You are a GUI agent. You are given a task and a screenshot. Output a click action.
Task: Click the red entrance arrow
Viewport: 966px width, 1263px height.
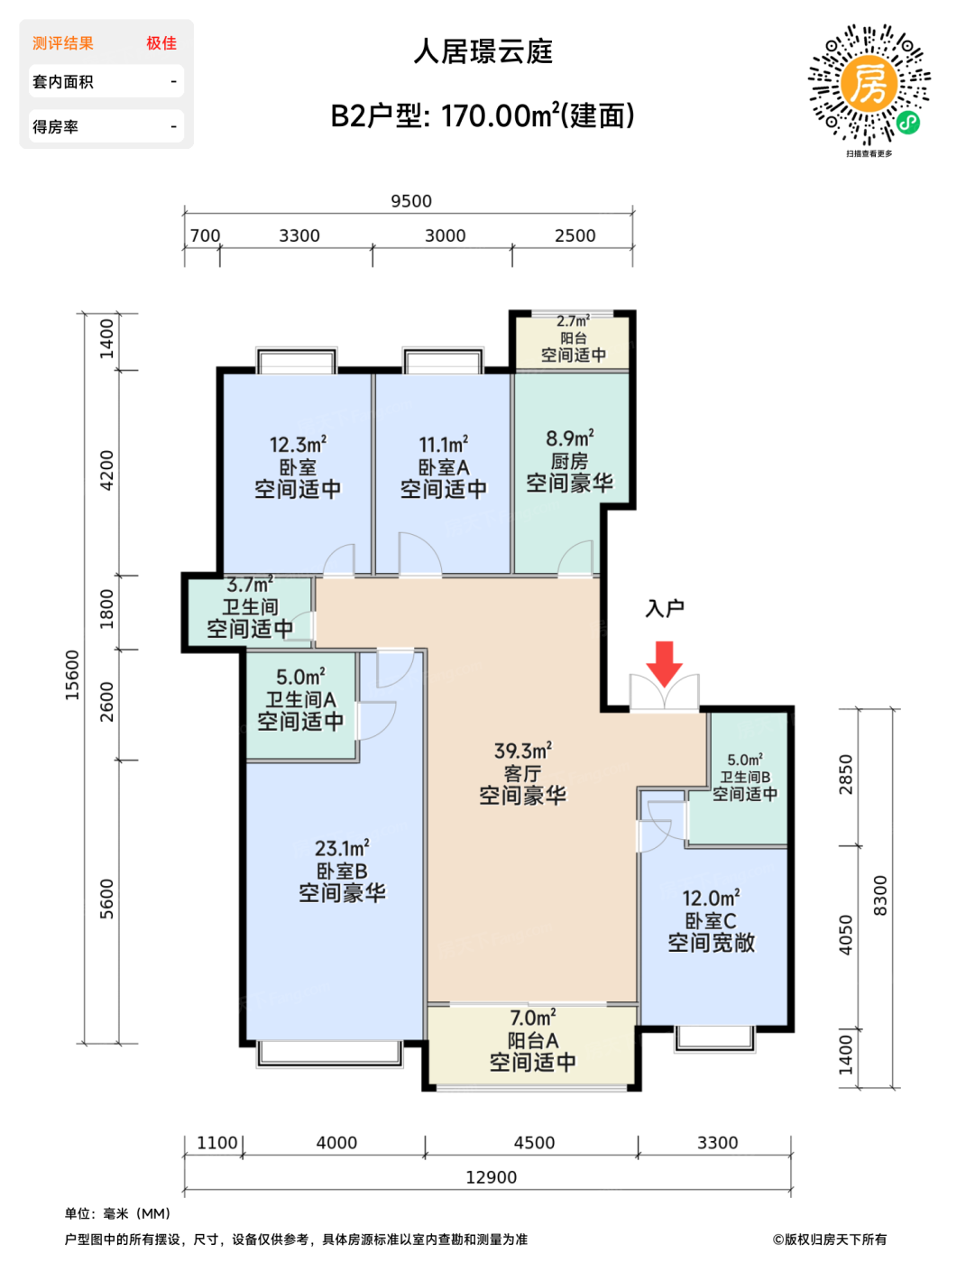(x=664, y=665)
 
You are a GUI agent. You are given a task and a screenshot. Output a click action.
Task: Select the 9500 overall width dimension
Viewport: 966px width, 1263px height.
(x=410, y=201)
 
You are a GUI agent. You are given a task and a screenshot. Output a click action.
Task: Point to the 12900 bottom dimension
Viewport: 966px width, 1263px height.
(x=492, y=1177)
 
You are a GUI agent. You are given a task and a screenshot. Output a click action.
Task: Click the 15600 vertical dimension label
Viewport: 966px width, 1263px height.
(x=72, y=675)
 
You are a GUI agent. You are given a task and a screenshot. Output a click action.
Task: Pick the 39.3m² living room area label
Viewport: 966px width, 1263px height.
(x=522, y=751)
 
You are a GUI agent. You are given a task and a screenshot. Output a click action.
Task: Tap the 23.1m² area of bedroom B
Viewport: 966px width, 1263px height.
(x=342, y=849)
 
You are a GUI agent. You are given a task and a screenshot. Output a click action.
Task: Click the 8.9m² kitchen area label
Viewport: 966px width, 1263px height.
(x=570, y=438)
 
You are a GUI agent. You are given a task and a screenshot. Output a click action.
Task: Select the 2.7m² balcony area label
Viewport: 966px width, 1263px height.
(x=573, y=321)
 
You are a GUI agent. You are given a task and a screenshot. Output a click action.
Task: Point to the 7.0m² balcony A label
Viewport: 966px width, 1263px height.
(x=533, y=1018)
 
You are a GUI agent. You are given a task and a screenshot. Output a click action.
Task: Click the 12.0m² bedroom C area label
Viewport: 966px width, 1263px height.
(x=711, y=899)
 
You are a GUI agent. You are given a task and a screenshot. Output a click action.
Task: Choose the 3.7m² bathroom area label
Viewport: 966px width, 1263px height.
(x=250, y=585)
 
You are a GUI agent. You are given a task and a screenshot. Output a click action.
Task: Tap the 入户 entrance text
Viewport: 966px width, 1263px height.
(x=665, y=608)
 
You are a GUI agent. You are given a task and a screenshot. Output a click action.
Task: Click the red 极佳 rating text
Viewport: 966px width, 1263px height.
(x=161, y=43)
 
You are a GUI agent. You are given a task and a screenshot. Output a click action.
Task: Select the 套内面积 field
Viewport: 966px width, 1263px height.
(x=106, y=82)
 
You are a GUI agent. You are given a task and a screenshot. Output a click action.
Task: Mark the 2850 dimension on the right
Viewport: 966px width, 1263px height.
(x=845, y=774)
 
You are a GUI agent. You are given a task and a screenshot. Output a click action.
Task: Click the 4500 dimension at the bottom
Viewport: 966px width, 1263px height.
(x=534, y=1143)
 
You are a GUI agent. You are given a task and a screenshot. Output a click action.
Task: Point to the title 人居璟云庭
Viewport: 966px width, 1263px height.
(x=483, y=51)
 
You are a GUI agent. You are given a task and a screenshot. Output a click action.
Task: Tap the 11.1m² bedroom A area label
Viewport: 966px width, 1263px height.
(x=443, y=445)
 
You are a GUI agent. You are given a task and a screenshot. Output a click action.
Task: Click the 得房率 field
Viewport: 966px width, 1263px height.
(x=106, y=126)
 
